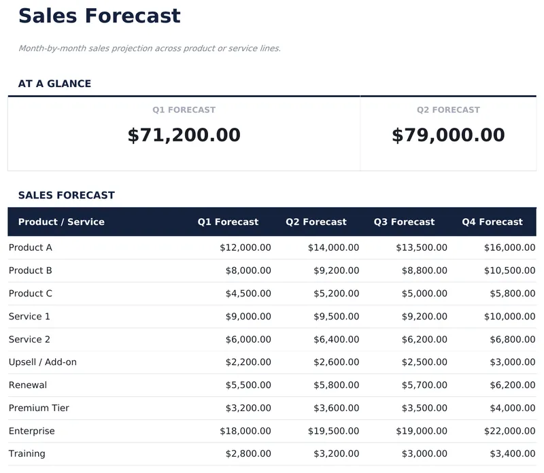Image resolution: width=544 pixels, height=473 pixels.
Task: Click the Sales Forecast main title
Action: point(99,16)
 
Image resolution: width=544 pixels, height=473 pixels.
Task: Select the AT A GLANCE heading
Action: point(54,84)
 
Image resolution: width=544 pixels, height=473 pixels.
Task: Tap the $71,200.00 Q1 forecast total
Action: point(184,135)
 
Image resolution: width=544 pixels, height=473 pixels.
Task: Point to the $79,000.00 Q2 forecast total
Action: point(448,135)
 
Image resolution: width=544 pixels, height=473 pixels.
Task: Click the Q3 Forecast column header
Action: point(404,222)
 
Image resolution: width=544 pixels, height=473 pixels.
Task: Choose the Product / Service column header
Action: point(61,222)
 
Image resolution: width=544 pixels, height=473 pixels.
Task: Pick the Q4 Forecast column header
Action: point(492,222)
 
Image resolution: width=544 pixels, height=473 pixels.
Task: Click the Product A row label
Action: point(31,247)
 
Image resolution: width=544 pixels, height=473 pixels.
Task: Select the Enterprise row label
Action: point(32,431)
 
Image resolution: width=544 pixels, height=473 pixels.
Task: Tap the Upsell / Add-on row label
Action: point(43,362)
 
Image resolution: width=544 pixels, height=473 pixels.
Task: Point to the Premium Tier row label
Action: point(39,408)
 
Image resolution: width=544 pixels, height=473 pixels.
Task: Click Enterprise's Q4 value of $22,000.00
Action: point(509,431)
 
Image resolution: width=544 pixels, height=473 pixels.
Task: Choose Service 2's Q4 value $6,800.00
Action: point(512,339)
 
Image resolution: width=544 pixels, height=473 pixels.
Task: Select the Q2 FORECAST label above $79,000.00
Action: point(448,109)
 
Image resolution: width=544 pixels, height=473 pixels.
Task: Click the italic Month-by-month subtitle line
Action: point(150,48)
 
